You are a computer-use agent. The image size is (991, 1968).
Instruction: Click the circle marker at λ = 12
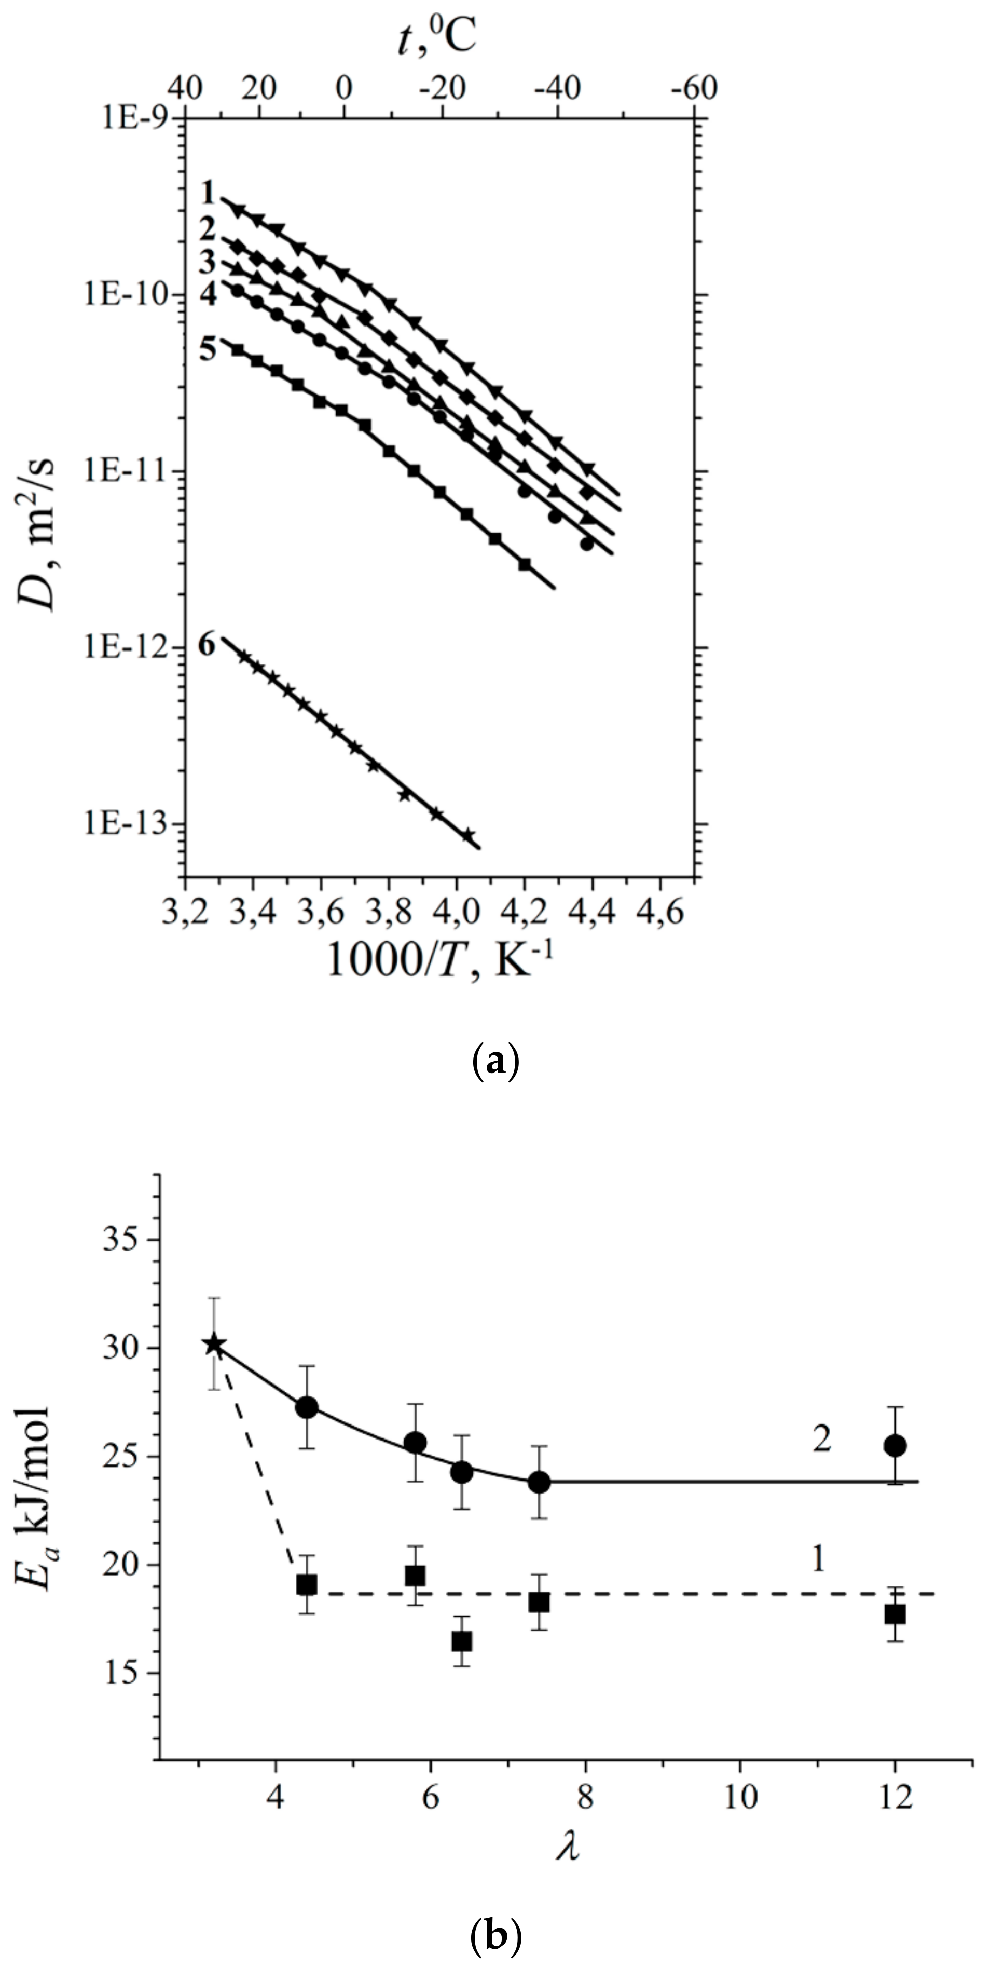point(895,1445)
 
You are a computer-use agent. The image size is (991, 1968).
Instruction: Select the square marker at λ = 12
point(895,1593)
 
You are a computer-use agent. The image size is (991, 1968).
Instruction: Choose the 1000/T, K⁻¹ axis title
point(438,961)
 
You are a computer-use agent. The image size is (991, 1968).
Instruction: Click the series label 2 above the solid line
point(821,1440)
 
